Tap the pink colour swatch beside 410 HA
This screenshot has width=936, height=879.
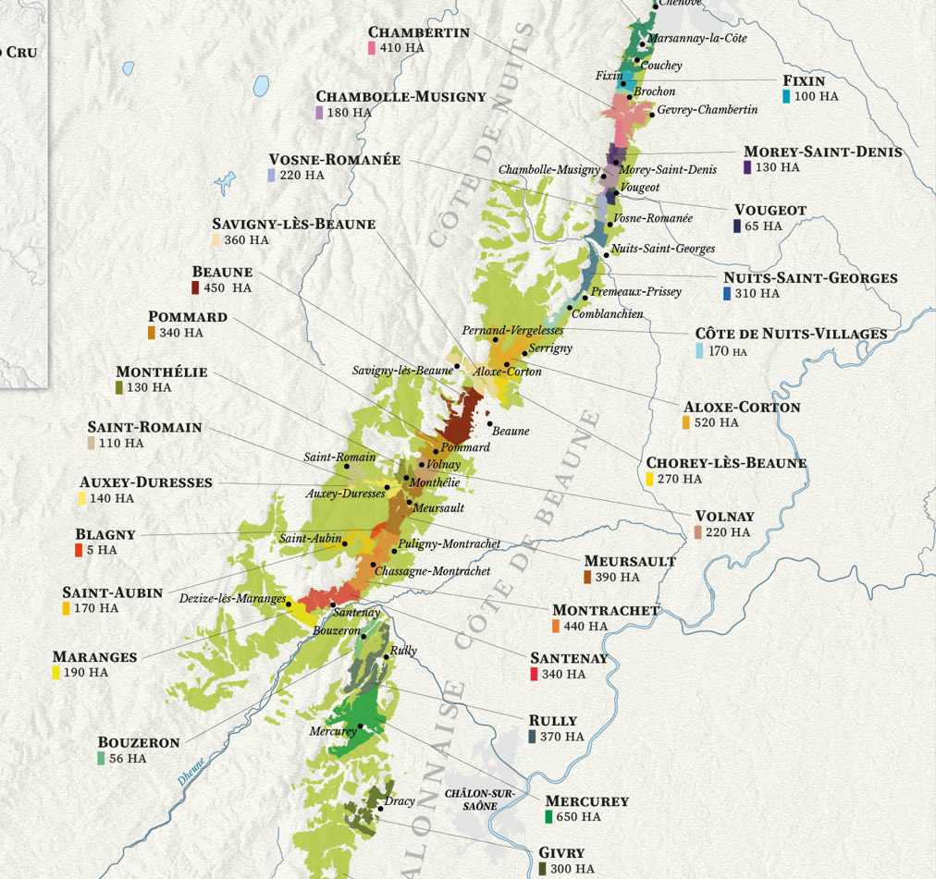[x=371, y=48]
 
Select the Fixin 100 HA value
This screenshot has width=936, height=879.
[x=816, y=96]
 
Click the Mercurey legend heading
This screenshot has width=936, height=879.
[x=586, y=801]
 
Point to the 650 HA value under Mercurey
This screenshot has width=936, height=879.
[x=578, y=817]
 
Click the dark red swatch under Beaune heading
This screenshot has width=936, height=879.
[x=195, y=288]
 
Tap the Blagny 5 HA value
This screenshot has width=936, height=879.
[x=107, y=550]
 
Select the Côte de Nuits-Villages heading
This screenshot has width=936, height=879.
[x=791, y=335]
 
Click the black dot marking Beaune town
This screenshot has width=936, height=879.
[x=490, y=423]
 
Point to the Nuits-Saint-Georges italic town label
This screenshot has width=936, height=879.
[x=662, y=249]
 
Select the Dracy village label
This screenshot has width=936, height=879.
[x=400, y=801]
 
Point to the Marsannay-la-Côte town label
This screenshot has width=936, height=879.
[x=696, y=39]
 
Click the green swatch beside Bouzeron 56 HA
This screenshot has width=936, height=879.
[x=101, y=759]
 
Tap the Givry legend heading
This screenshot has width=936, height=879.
[x=561, y=853]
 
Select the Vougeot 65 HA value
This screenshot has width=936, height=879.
[x=763, y=226]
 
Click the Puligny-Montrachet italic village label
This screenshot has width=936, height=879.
[x=450, y=544]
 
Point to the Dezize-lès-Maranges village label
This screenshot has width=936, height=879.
[x=232, y=598]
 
